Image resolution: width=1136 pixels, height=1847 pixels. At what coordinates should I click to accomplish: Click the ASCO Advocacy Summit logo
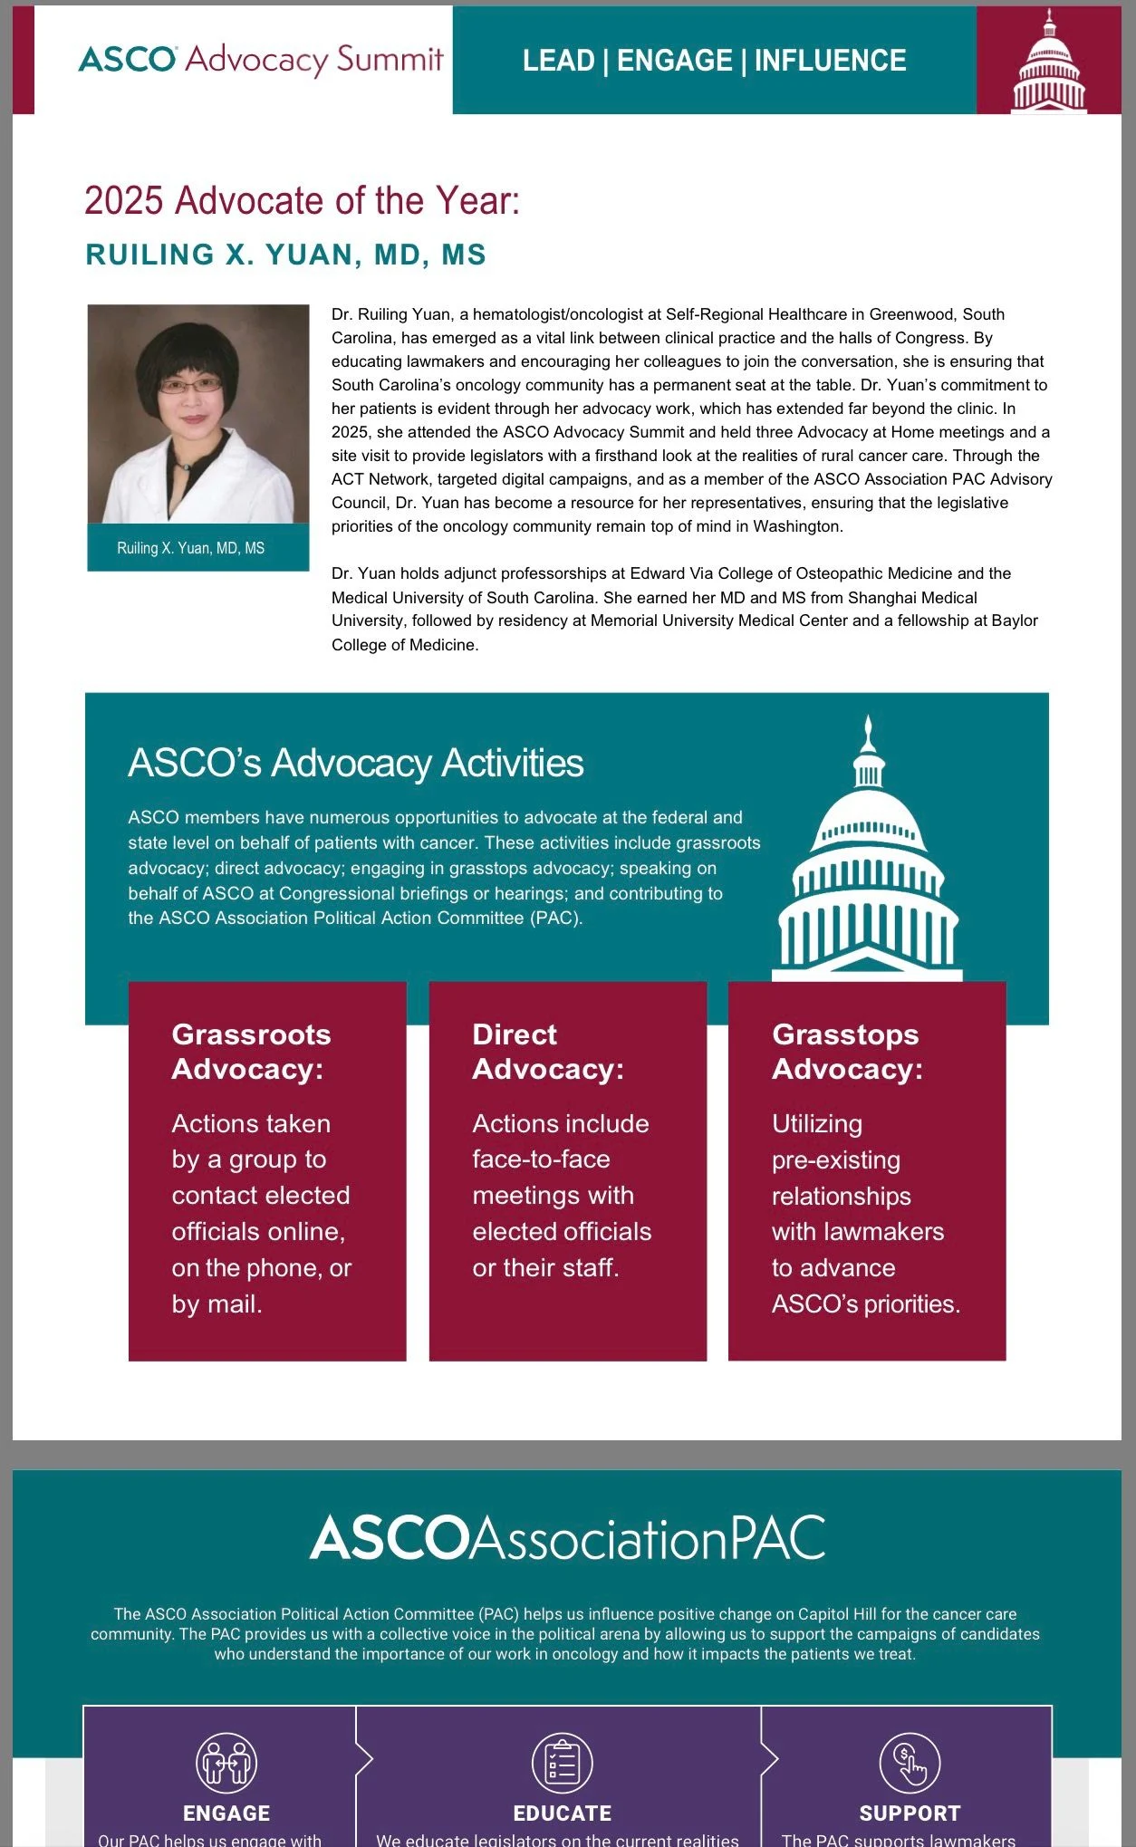(261, 60)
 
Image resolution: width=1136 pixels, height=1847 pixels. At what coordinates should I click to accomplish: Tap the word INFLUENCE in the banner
(830, 61)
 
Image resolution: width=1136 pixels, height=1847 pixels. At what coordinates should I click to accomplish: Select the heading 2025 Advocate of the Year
(302, 200)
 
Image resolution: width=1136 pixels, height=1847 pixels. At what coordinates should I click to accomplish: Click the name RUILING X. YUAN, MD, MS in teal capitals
(285, 255)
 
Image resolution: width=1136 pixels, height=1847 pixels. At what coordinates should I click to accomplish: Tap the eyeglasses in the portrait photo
(190, 386)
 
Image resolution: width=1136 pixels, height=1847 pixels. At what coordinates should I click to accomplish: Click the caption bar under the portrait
(197, 548)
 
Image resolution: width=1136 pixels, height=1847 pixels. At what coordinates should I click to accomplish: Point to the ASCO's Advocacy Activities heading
(355, 763)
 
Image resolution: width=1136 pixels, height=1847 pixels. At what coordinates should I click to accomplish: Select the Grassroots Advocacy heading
(251, 1052)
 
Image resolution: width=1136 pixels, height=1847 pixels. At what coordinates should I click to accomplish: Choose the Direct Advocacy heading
(547, 1052)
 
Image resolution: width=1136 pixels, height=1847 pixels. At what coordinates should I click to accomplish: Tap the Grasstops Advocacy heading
(847, 1052)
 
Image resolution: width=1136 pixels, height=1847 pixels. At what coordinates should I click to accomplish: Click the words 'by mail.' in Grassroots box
(217, 1304)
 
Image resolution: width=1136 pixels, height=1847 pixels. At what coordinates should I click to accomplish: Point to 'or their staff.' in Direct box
(545, 1268)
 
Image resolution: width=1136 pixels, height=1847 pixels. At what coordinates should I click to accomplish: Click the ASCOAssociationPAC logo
(567, 1538)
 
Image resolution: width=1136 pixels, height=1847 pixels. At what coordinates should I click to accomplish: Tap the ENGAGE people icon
(226, 1763)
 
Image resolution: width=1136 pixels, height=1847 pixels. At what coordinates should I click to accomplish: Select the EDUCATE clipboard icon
(562, 1763)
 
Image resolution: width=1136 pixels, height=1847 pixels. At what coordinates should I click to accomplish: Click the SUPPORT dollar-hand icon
(910, 1763)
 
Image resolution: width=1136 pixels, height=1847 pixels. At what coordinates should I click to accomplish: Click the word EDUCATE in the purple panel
(562, 1813)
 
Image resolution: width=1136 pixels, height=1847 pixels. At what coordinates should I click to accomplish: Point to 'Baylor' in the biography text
(1015, 620)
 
